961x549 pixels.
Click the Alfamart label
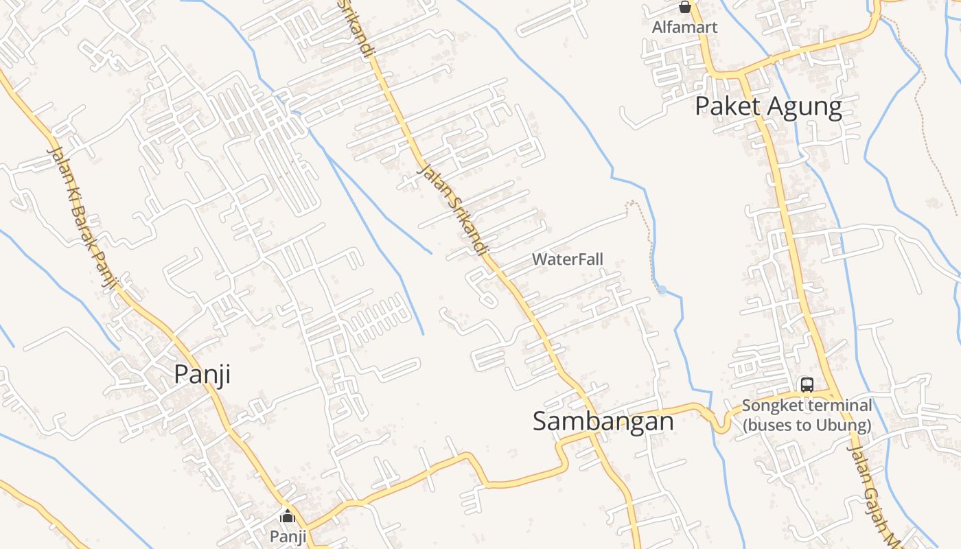[684, 27]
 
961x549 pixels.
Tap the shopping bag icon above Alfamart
[684, 8]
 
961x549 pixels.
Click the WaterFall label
[568, 259]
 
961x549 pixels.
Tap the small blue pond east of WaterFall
[662, 290]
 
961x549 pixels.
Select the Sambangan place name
[603, 421]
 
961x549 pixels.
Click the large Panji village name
[202, 375]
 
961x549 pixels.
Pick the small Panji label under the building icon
[288, 536]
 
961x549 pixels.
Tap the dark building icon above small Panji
[288, 517]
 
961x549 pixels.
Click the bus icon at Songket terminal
[807, 385]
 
